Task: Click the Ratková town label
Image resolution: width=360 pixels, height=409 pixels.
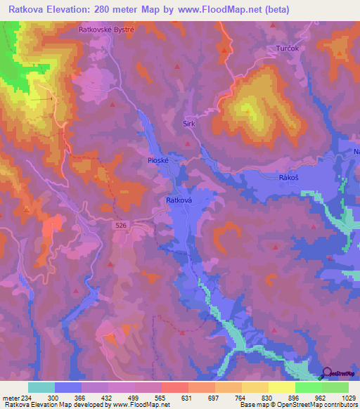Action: pos(179,200)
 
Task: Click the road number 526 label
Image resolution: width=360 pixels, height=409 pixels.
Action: pos(123,226)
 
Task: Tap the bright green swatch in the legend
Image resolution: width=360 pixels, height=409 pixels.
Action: pos(308,387)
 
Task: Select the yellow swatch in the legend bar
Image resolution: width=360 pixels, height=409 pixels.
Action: pos(281,387)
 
